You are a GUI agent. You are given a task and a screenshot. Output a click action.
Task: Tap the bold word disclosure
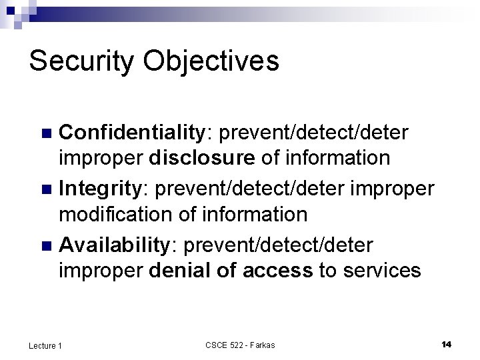201,158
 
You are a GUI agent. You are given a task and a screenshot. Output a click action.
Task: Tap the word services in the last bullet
381,271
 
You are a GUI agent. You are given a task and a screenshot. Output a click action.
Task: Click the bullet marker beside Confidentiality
46,133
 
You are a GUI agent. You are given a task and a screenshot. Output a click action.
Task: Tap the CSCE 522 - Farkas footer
240,345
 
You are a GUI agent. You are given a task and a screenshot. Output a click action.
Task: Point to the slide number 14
446,344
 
